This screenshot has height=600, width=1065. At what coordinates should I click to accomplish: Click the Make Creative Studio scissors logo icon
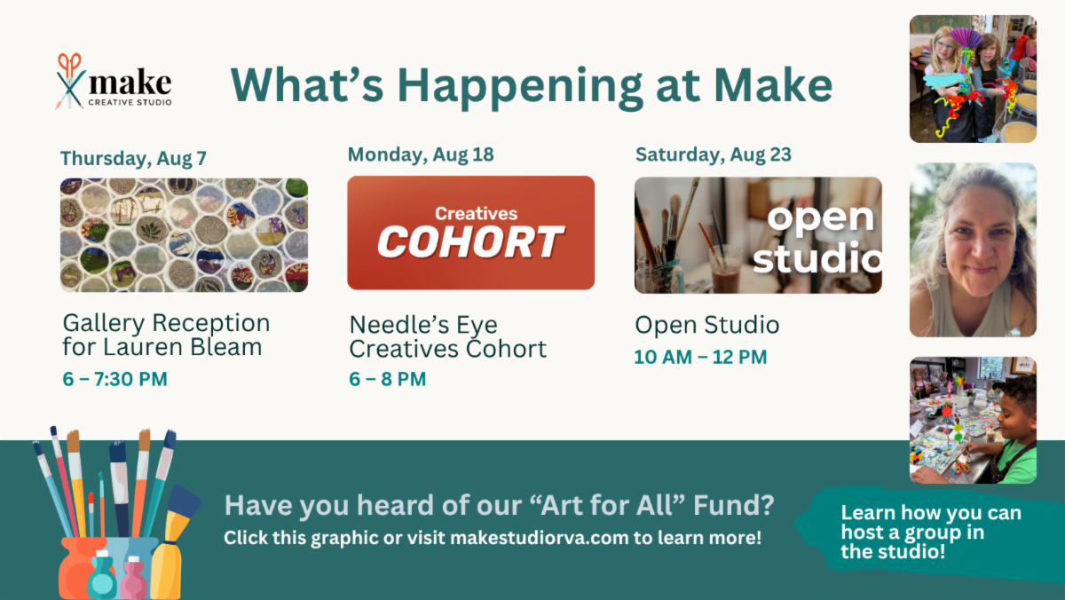[70, 82]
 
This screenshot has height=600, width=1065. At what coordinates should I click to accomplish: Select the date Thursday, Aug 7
[134, 159]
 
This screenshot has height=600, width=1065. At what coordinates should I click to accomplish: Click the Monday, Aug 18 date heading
[421, 155]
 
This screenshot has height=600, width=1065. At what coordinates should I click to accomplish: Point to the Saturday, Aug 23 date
[714, 155]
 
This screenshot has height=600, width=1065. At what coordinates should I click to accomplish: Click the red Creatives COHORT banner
[470, 233]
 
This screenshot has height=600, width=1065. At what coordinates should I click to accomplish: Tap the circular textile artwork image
[184, 235]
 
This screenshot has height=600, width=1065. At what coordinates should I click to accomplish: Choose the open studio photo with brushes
[758, 235]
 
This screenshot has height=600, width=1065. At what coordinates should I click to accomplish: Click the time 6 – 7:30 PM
[115, 379]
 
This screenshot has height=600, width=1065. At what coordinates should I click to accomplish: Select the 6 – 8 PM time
[388, 379]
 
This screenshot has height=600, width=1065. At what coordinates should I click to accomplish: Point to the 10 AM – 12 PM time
[701, 357]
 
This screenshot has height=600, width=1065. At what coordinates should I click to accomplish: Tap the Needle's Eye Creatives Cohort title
[448, 337]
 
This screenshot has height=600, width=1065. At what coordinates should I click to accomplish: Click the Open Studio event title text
[707, 325]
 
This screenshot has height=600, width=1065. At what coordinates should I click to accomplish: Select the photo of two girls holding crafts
[974, 79]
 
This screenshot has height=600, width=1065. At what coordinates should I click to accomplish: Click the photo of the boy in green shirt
[974, 421]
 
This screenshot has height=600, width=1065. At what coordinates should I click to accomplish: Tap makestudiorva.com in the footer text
[540, 538]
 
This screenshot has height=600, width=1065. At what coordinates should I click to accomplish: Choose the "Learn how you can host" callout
[931, 533]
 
